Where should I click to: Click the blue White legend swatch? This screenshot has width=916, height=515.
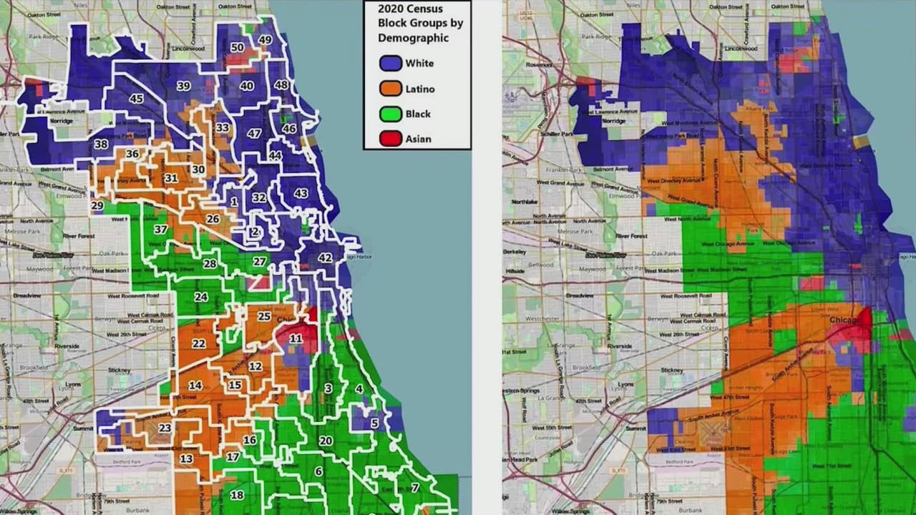click(391, 63)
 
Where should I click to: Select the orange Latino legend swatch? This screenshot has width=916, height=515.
click(391, 89)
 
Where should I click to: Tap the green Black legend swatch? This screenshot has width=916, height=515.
click(391, 114)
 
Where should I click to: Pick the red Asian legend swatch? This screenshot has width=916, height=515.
click(391, 139)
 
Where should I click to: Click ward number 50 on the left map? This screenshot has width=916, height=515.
click(238, 48)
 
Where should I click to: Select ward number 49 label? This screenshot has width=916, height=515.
click(265, 40)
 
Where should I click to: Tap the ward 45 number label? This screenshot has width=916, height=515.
click(136, 99)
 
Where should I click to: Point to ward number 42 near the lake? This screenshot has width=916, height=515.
click(325, 258)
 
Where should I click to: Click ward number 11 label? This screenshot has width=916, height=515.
click(296, 338)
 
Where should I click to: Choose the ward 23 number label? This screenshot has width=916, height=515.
click(165, 428)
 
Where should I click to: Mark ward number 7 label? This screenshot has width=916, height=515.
click(414, 488)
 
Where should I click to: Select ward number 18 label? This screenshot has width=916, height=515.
click(236, 495)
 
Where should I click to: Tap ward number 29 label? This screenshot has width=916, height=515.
click(97, 206)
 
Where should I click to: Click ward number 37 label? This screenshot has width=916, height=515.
click(161, 230)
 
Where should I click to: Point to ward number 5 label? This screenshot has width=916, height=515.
click(374, 423)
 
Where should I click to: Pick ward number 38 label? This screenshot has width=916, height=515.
click(101, 144)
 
